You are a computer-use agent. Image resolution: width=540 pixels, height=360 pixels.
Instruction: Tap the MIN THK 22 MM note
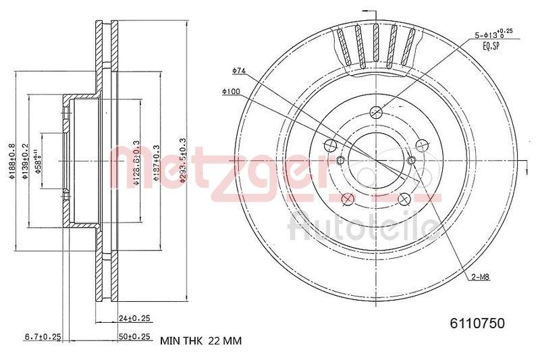pos(200,341)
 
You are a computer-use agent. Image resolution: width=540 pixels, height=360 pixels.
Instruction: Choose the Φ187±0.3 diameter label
pos(156,161)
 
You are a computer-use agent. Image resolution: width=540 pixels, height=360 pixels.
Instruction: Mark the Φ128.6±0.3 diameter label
pos(136,161)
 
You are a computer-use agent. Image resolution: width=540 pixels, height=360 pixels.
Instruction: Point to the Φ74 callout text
pos(238,70)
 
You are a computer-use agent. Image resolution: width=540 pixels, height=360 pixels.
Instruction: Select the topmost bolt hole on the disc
pos(377,112)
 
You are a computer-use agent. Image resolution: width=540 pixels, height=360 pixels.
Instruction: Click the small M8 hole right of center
pos(412,160)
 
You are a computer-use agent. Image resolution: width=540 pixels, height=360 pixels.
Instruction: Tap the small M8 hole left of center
pos(340,160)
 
